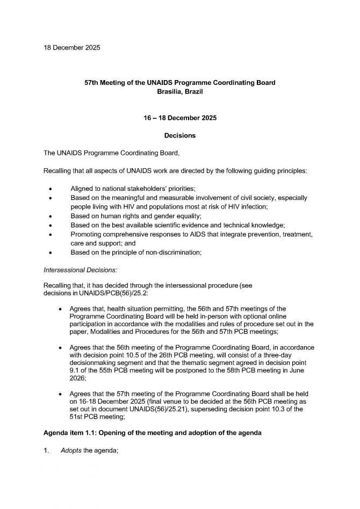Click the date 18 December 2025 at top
(x=72, y=48)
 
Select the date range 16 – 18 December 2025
(x=180, y=118)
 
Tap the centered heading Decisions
(x=180, y=135)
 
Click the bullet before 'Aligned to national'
(x=51, y=190)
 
